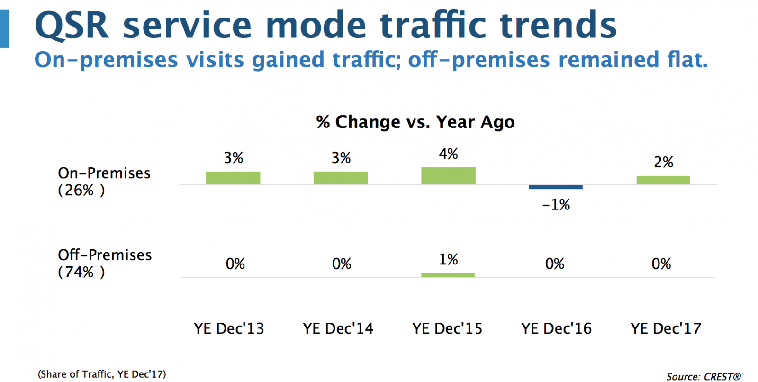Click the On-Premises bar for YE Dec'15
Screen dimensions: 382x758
click(448, 176)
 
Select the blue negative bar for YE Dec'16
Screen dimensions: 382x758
click(556, 187)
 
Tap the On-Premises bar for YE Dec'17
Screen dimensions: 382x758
click(663, 180)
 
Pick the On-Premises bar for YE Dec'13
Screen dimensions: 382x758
click(233, 178)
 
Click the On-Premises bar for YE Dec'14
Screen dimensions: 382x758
click(341, 178)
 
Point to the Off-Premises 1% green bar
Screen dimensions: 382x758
click(448, 275)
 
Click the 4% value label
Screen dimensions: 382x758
click(448, 154)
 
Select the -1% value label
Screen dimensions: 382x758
click(556, 205)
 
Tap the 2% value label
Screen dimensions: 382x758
click(663, 162)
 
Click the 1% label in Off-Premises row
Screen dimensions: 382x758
click(448, 260)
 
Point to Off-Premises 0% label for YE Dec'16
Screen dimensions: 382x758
click(555, 264)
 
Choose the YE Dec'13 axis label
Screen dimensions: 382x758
click(229, 328)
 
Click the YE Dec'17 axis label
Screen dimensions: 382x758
click(666, 328)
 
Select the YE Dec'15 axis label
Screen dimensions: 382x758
click(447, 328)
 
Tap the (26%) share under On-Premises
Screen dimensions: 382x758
click(81, 191)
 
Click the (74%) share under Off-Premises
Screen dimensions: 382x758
click(81, 273)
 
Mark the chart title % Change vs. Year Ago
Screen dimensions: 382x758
click(415, 122)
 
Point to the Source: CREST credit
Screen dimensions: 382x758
click(704, 377)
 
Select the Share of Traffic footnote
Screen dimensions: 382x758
click(102, 374)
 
